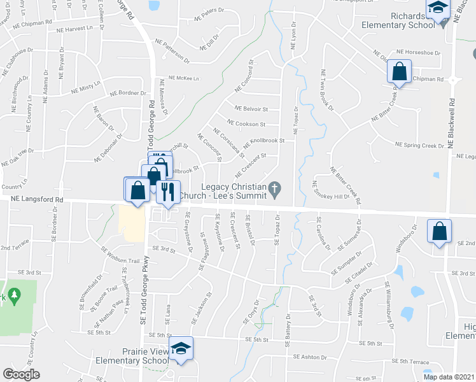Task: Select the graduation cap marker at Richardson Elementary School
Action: [437, 8]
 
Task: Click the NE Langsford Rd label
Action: [37, 199]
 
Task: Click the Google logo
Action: [21, 374]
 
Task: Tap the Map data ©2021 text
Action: [449, 377]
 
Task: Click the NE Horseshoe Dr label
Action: [417, 52]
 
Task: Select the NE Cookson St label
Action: [246, 124]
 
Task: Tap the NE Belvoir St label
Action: [251, 109]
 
